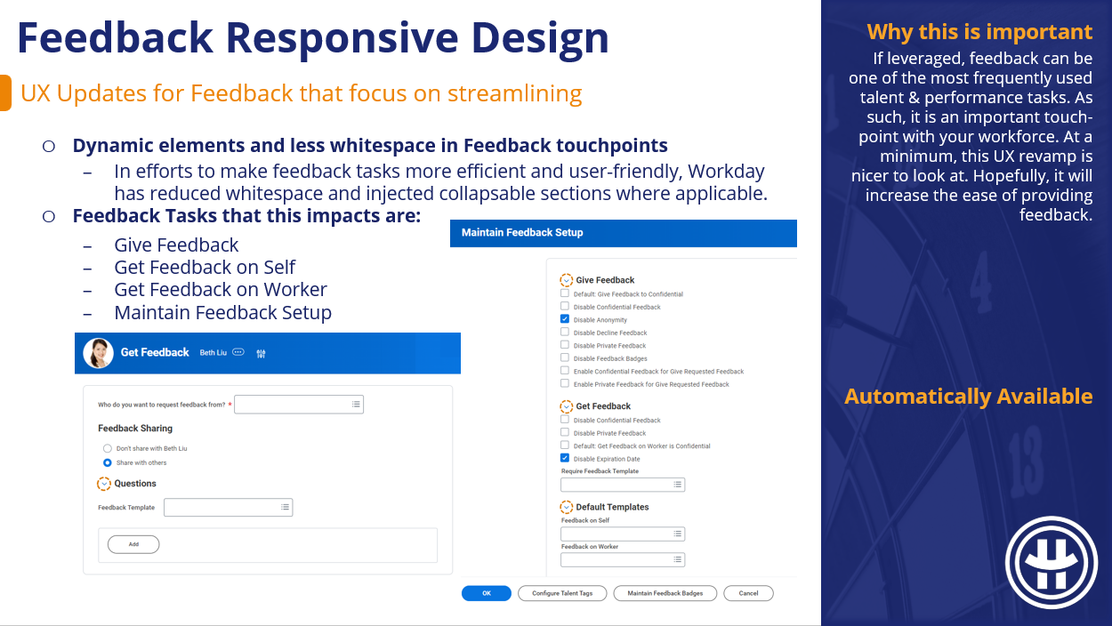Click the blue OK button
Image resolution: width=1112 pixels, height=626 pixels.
click(x=486, y=593)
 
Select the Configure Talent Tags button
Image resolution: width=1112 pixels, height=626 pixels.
click(x=562, y=593)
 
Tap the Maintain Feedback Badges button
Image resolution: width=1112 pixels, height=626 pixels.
click(x=665, y=593)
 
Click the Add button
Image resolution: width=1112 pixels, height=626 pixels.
click(x=133, y=544)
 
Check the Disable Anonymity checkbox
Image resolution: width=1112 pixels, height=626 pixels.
click(x=564, y=319)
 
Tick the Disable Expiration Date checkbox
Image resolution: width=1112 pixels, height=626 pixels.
click(x=564, y=458)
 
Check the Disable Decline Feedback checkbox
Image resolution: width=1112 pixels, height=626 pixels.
click(x=564, y=332)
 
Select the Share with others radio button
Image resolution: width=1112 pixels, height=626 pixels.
click(x=108, y=462)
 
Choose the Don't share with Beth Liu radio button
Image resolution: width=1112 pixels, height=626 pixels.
click(x=108, y=448)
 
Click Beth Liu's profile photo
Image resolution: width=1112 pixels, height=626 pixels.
click(x=98, y=353)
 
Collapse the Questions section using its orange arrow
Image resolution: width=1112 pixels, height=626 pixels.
click(x=104, y=484)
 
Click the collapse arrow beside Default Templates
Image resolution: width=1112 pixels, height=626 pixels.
click(x=566, y=507)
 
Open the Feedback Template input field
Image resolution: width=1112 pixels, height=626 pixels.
click(x=229, y=508)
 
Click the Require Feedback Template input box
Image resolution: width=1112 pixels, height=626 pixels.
click(x=623, y=485)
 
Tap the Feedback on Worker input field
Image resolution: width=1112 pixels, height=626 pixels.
click(x=623, y=560)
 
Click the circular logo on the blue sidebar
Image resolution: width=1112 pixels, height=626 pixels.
click(x=1052, y=563)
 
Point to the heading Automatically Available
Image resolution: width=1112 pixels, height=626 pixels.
click(x=969, y=397)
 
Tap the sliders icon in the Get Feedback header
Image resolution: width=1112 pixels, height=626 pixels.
click(x=262, y=353)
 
